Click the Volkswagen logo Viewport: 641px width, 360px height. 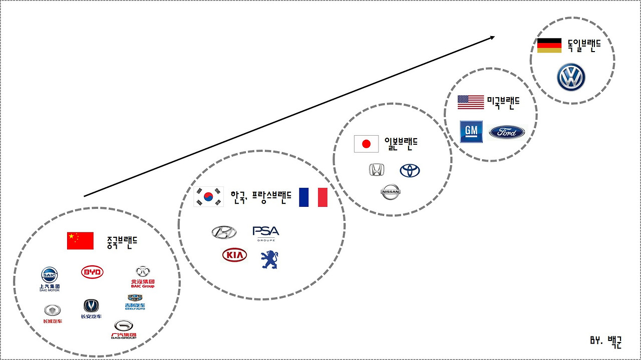(571, 77)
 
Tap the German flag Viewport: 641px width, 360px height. (549, 45)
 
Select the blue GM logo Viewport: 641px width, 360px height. (471, 131)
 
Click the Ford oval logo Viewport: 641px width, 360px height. (507, 132)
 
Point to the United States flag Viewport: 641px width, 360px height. (471, 102)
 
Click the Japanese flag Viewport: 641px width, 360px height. (366, 144)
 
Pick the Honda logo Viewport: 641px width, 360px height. (377, 170)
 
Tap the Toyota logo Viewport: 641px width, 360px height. (410, 170)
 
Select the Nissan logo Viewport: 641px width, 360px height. (391, 192)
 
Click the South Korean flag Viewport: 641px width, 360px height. (208, 197)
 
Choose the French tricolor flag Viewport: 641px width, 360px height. (313, 197)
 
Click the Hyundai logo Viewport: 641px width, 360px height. (224, 232)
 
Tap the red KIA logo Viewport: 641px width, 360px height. (234, 255)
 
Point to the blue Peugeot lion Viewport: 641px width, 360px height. (269, 259)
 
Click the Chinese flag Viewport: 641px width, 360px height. (80, 241)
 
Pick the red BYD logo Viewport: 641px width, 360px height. (92, 272)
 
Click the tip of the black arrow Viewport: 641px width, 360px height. (494, 37)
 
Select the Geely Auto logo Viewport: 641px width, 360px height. (135, 301)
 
